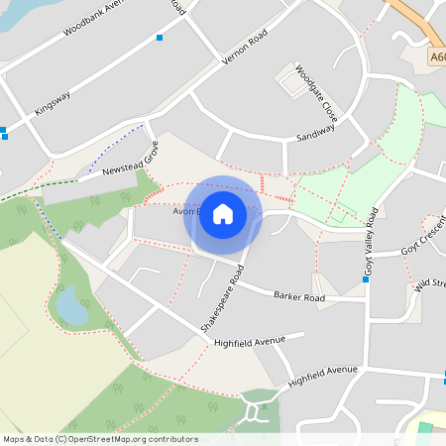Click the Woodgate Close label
click(x=316, y=93)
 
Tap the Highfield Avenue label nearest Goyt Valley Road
click(x=322, y=376)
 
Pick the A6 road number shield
click(x=437, y=58)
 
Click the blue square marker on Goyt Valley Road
click(x=366, y=279)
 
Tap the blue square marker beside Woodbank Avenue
click(x=159, y=38)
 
